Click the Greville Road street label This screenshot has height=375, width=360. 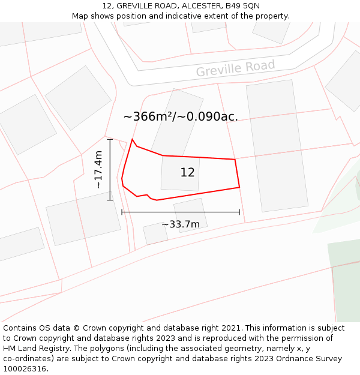[x=235, y=68]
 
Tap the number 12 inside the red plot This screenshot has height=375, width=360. [x=187, y=173]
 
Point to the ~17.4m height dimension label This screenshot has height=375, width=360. [x=98, y=170]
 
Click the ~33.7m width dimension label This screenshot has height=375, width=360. [x=181, y=224]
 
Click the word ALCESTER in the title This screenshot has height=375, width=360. [x=200, y=5]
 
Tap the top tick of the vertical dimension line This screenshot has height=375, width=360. [x=110, y=139]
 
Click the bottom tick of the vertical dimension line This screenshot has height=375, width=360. [x=110, y=200]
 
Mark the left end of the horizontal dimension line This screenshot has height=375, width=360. [x=122, y=212]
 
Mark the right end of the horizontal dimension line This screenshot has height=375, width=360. [x=239, y=212]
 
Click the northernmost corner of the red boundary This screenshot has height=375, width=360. [x=132, y=139]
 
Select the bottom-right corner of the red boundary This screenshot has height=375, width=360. [x=239, y=187]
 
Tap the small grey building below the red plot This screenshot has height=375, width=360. [x=190, y=215]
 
